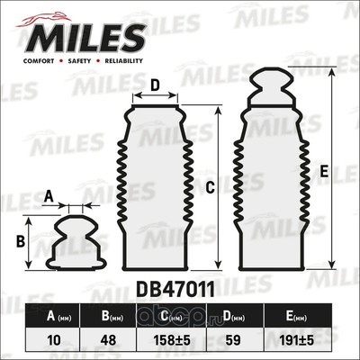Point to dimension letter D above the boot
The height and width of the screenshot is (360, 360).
[x=155, y=86]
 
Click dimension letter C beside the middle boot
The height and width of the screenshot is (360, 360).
[x=209, y=187]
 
